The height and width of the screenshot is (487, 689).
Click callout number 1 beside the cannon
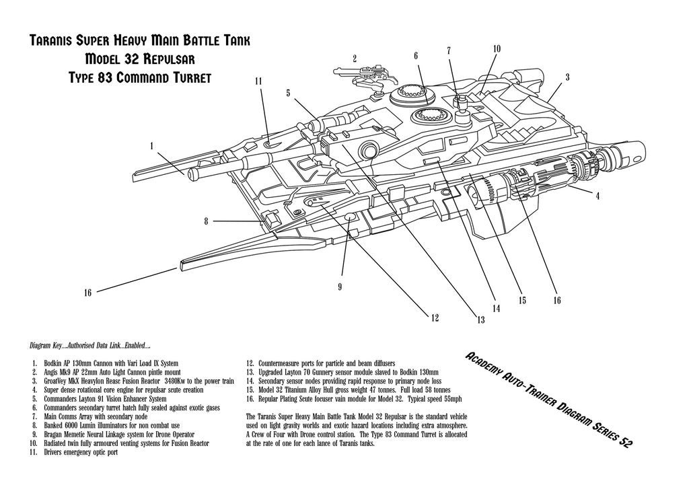click(x=152, y=145)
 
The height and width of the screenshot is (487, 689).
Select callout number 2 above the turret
click(x=355, y=59)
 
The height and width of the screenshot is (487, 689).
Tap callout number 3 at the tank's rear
click(x=568, y=77)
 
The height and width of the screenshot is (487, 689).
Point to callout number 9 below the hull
click(x=340, y=287)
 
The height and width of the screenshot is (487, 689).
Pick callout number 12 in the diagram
click(x=434, y=317)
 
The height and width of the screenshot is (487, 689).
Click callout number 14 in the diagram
click(x=496, y=309)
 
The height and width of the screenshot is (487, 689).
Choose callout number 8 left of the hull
click(x=206, y=221)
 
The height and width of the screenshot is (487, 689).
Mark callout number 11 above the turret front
click(x=258, y=81)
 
